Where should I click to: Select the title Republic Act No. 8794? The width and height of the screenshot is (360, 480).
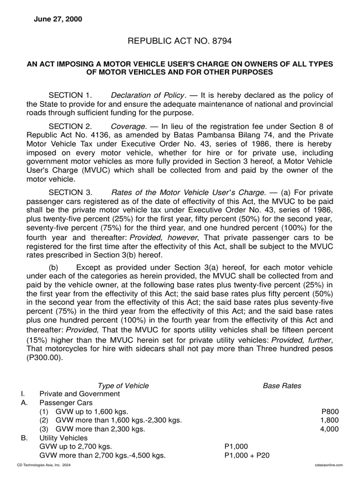click(x=180, y=42)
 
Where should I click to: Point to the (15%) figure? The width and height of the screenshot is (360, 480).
click(x=36, y=339)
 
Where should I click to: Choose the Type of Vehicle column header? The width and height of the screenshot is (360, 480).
click(x=123, y=386)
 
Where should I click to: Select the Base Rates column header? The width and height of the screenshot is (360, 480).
click(x=282, y=386)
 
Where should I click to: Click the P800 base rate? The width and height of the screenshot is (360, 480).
click(x=330, y=412)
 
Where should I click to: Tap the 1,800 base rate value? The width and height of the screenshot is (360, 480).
click(x=329, y=420)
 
